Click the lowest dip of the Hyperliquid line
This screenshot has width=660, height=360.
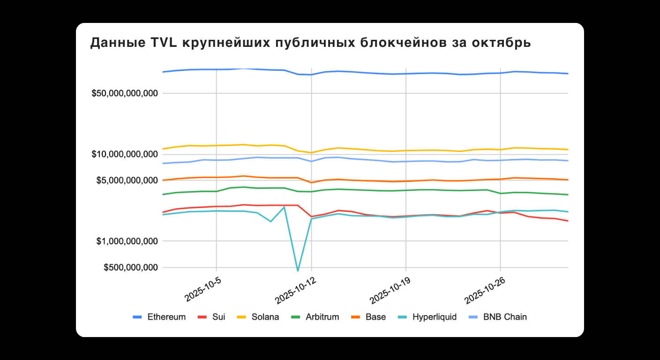[x=298, y=270]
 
